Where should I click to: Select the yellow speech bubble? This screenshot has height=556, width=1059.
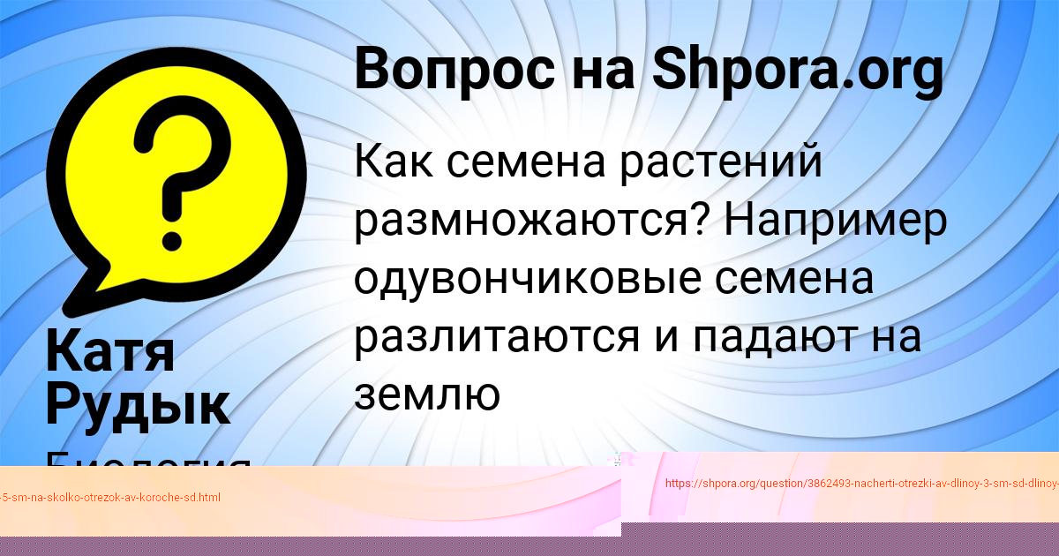point(176,177)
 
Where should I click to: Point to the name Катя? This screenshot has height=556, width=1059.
point(110,350)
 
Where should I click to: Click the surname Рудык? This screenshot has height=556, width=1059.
point(138,404)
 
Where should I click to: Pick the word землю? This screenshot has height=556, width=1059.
point(427,395)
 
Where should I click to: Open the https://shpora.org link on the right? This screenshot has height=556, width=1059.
point(860,483)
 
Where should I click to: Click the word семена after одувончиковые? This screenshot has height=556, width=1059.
point(794,279)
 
